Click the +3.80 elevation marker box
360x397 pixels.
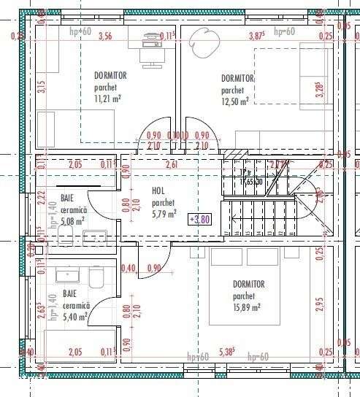pyautogui.click(x=199, y=218)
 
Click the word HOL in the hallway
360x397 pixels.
pyautogui.click(x=158, y=191)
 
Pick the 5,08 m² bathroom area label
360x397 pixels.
pyautogui.click(x=72, y=220)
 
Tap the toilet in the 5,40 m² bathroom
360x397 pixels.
pyautogui.click(x=96, y=277)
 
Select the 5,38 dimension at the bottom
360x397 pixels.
pyautogui.click(x=226, y=351)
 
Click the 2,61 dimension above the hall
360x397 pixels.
pyautogui.click(x=172, y=163)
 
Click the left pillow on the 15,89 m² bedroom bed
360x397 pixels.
pyautogui.click(x=227, y=257)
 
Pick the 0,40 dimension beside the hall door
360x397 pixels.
pyautogui.click(x=130, y=268)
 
